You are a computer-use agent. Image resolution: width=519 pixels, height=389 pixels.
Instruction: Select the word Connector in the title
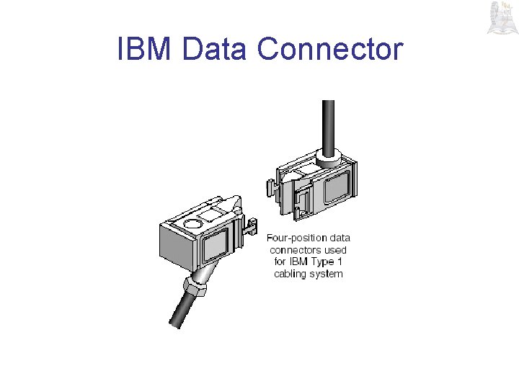pos(330,49)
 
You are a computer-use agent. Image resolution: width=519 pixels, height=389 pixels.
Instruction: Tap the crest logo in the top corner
pos(500,18)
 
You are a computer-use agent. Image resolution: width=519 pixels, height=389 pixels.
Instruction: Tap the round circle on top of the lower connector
pos(194,225)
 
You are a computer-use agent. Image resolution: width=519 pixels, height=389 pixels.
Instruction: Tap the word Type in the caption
pos(321,261)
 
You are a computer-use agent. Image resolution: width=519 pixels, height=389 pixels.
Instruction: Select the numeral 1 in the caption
pos(339,261)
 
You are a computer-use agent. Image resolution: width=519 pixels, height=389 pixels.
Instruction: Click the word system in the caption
pos(327,274)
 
